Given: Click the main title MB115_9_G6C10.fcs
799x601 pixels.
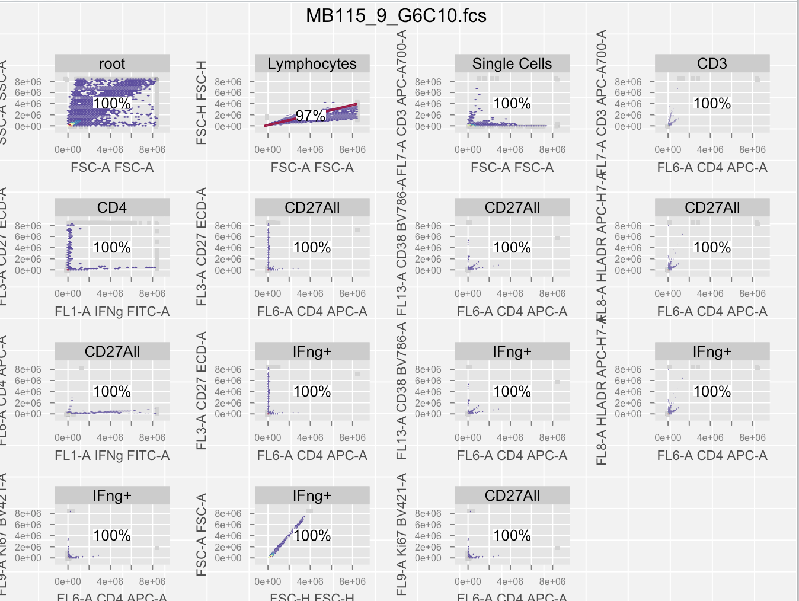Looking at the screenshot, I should click(x=396, y=15).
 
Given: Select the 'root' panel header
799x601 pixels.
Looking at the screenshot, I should click(x=112, y=63).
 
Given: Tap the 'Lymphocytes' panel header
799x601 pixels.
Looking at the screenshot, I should click(x=312, y=63).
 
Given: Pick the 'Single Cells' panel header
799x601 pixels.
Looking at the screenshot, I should click(x=512, y=63).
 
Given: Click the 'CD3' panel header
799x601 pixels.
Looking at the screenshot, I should click(x=712, y=63).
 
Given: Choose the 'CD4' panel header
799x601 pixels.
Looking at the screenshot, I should click(x=112, y=207).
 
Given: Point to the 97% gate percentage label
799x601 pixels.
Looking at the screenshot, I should click(x=310, y=116).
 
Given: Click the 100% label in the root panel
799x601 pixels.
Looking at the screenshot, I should click(x=112, y=104).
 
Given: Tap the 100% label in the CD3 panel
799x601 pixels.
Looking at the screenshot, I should click(x=712, y=104).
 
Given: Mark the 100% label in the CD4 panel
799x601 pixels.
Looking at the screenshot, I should click(x=112, y=248).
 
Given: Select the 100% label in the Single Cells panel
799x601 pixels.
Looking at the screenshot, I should click(x=512, y=104).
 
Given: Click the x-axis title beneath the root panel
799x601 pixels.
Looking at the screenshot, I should click(x=112, y=168).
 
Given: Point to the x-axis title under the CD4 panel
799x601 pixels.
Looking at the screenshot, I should click(x=112, y=312).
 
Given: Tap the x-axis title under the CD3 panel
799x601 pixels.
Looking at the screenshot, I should click(x=712, y=168).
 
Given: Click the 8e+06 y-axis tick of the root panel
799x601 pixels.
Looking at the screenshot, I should click(x=28, y=82).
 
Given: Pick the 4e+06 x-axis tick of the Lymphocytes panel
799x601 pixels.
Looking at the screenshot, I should click(x=310, y=150).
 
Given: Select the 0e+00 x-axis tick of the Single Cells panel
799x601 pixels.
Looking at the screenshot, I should click(x=468, y=150).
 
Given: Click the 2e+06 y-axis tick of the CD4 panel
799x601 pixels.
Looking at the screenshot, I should click(x=28, y=259).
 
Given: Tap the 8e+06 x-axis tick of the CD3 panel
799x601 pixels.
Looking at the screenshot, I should click(x=752, y=150).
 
